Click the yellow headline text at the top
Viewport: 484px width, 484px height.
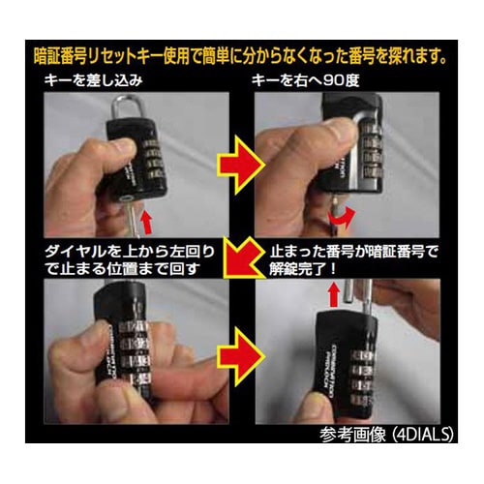(x=242, y=49)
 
